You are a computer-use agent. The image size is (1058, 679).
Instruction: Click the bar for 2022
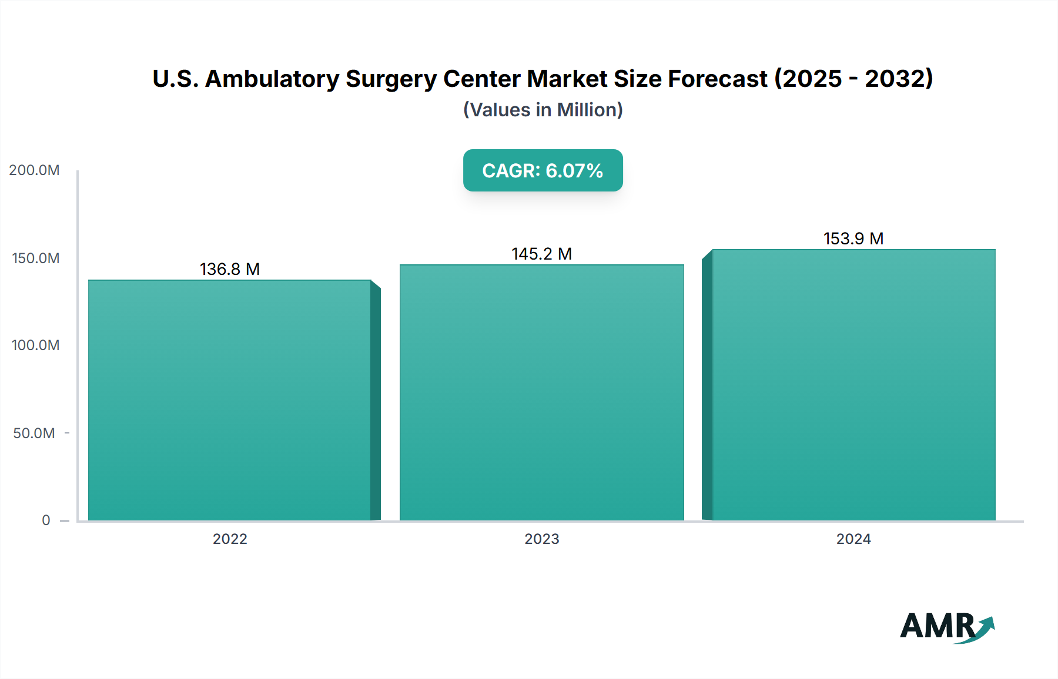tap(230, 399)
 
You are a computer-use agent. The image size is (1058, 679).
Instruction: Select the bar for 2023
tap(541, 392)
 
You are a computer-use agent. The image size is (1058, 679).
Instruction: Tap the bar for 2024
tap(853, 385)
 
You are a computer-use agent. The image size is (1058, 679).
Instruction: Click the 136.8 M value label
tap(230, 269)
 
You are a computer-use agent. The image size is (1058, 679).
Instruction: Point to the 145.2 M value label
tap(541, 254)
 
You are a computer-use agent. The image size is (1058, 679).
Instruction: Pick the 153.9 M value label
tap(853, 238)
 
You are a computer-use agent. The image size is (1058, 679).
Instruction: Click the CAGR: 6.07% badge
tap(543, 170)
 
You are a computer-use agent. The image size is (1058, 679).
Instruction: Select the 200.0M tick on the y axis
tap(34, 170)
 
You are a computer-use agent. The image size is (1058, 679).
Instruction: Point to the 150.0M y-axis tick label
tap(35, 258)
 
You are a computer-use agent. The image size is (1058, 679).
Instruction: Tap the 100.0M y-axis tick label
tap(35, 345)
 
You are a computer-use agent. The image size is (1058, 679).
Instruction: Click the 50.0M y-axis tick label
tap(34, 433)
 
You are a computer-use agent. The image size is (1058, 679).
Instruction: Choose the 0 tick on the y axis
tap(46, 520)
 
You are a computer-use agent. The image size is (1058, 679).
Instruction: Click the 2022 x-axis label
tap(230, 539)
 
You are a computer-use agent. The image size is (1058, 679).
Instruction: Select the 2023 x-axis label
tap(541, 539)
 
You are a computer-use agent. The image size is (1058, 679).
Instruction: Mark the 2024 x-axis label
tap(853, 539)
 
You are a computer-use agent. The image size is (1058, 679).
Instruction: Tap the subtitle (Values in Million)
tap(543, 110)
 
